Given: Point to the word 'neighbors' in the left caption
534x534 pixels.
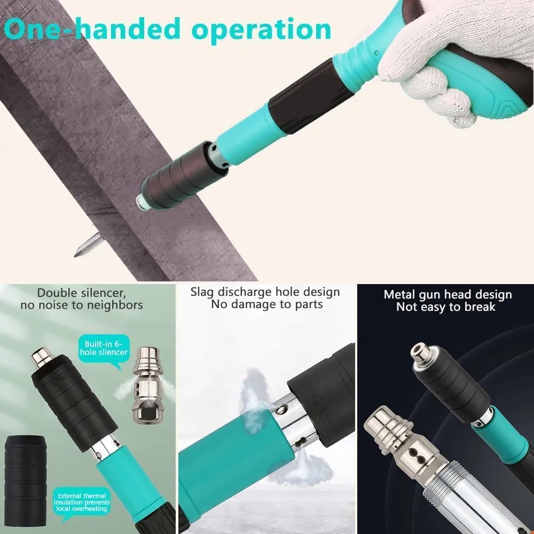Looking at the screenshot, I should [x=116, y=305].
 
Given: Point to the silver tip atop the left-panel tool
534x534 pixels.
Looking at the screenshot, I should [x=41, y=356].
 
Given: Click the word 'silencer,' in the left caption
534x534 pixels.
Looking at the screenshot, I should [x=105, y=293].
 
